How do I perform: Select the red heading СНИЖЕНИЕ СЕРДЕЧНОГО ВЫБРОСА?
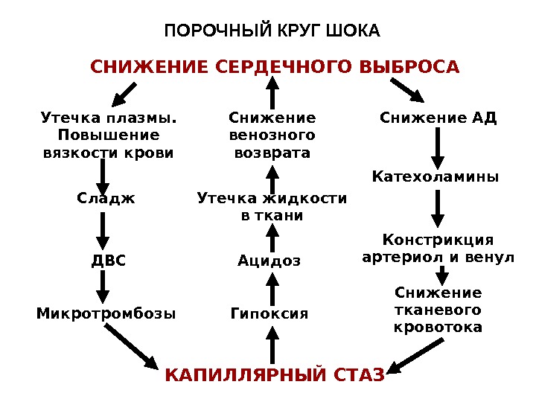point(275,68)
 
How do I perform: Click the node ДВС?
point(109,261)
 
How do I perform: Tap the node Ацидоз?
point(269,261)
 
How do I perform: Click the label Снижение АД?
point(438,118)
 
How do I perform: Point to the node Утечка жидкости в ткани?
point(272,207)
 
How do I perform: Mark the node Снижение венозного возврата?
point(272,135)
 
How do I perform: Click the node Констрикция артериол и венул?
point(438,249)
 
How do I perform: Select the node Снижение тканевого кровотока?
point(438,310)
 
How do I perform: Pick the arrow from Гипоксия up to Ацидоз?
point(272,287)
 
